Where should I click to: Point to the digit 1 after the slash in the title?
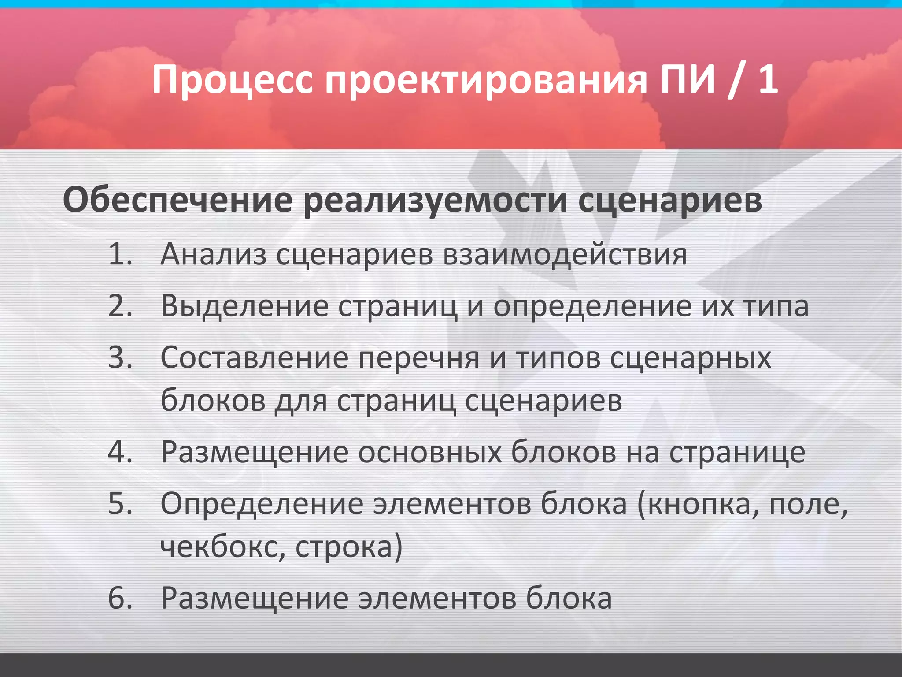(x=768, y=79)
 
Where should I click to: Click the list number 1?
(x=120, y=255)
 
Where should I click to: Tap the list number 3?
(x=120, y=357)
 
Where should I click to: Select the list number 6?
(x=120, y=598)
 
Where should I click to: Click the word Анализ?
(x=214, y=255)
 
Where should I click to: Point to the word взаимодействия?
(x=565, y=255)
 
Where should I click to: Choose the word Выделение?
(x=245, y=306)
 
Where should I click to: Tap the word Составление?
(x=255, y=357)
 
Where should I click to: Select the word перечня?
(x=419, y=357)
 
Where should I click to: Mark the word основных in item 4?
(x=429, y=453)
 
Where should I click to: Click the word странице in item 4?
(x=737, y=453)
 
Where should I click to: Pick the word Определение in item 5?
(x=262, y=504)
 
